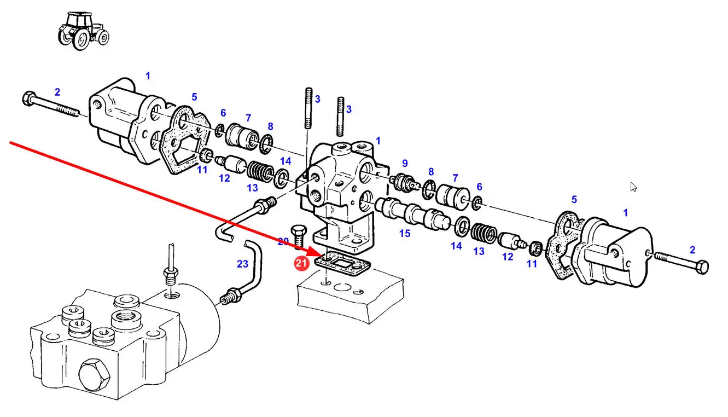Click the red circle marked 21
pyautogui.click(x=301, y=263)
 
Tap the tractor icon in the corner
pyautogui.click(x=84, y=31)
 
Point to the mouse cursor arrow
pyautogui.click(x=633, y=187)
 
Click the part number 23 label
pyautogui.click(x=242, y=264)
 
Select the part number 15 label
pyautogui.click(x=405, y=233)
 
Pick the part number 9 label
pyautogui.click(x=405, y=163)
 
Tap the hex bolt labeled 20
pyautogui.click(x=299, y=237)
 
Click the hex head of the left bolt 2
pyautogui.click(x=28, y=99)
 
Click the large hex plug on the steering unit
pyautogui.click(x=95, y=374)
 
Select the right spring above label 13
pyautogui.click(x=484, y=233)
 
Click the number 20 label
pyautogui.click(x=283, y=241)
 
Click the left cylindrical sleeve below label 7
pyautogui.click(x=242, y=136)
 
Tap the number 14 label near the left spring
pyautogui.click(x=286, y=161)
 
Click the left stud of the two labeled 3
pyautogui.click(x=308, y=108)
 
